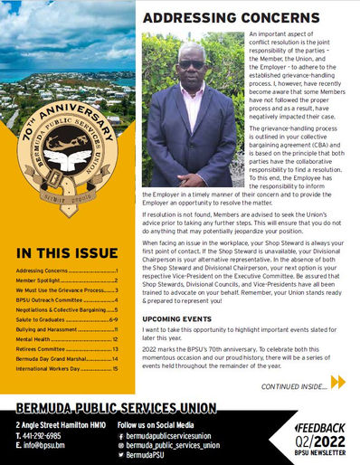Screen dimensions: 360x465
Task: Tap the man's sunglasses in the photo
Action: click(x=190, y=65)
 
